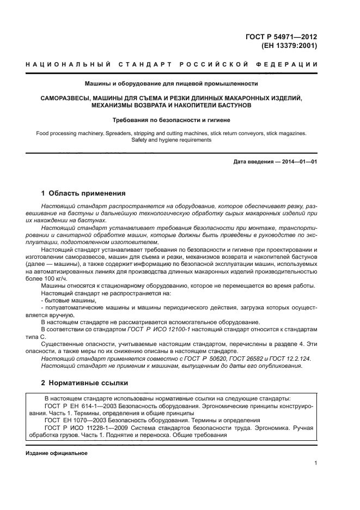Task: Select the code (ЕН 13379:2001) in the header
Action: [x=290, y=46]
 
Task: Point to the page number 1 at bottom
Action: [x=316, y=463]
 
